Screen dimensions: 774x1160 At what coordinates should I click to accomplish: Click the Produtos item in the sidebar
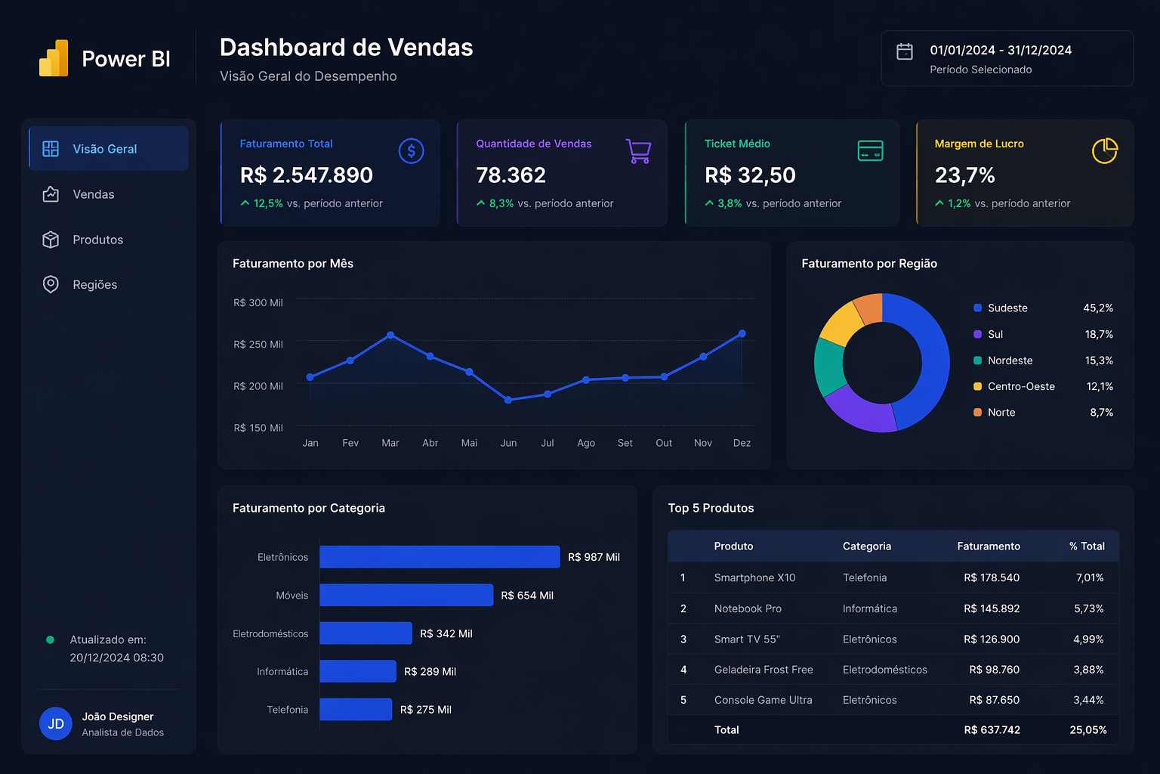point(97,240)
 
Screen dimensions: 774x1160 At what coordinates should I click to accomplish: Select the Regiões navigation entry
point(94,285)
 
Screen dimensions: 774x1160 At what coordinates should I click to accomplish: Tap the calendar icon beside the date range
point(904,51)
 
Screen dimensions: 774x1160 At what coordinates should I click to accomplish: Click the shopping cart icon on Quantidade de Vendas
point(638,151)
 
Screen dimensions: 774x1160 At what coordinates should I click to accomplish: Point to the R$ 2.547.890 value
point(306,175)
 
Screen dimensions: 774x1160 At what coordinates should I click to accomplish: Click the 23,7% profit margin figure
point(964,175)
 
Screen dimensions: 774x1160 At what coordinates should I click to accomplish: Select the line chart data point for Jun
point(508,400)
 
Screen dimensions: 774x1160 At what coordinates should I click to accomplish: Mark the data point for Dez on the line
point(742,333)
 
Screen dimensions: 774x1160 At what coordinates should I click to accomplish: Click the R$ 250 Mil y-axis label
point(258,345)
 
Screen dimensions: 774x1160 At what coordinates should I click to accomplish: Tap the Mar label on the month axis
point(390,443)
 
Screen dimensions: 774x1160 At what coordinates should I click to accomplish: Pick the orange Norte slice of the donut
point(869,308)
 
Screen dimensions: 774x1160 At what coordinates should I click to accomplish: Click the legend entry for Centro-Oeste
point(1020,386)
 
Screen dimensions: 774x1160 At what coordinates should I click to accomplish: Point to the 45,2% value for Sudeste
point(1097,308)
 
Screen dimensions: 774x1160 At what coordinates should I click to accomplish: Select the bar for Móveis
point(406,595)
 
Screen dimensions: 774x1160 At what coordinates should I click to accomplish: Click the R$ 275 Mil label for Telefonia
point(425,710)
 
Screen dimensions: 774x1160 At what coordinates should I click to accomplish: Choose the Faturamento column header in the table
point(988,546)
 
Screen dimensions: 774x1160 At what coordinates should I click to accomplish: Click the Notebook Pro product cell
point(748,608)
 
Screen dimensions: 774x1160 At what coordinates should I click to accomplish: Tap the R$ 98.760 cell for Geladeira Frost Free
point(994,670)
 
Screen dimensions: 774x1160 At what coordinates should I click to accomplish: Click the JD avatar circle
point(56,724)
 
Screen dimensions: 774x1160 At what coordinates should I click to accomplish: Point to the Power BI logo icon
point(54,58)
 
